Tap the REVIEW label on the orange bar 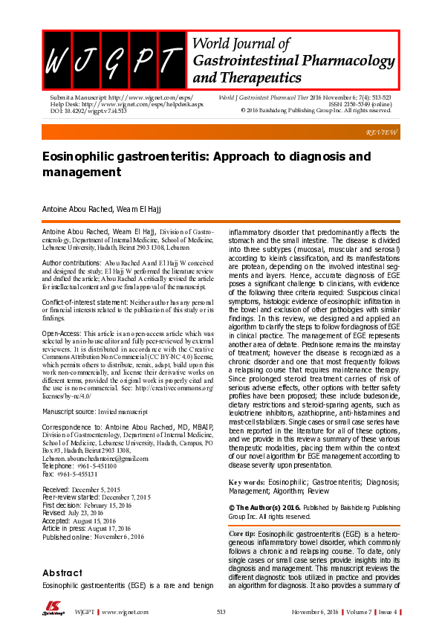(382, 132)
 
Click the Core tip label (244, 535)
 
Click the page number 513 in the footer (221, 611)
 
